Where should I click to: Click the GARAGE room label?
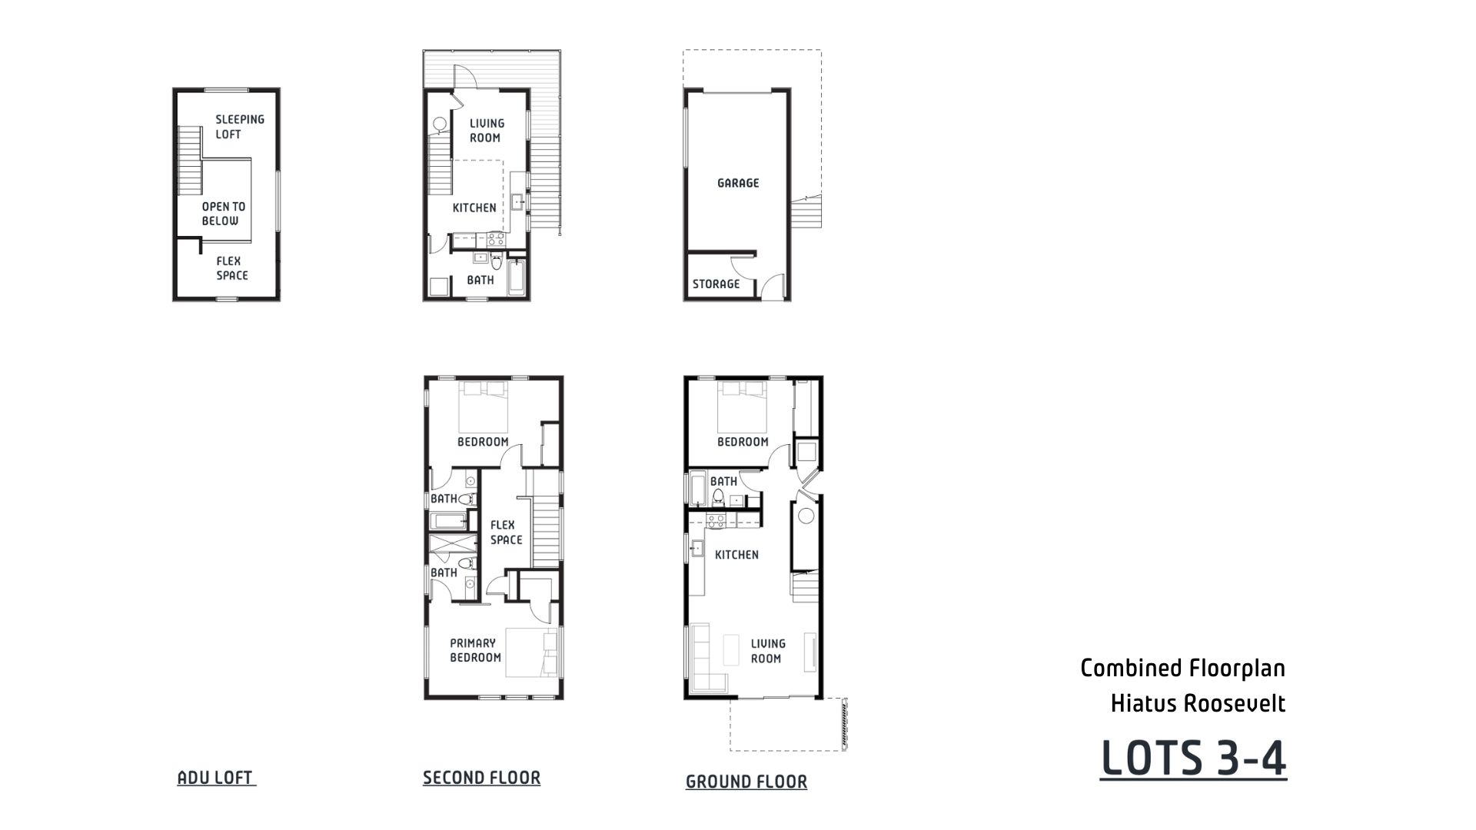coord(738,183)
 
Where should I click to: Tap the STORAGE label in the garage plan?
coord(716,284)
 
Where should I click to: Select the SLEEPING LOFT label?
coord(239,127)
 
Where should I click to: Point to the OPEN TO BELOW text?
coord(223,214)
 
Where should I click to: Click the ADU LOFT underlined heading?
coord(215,778)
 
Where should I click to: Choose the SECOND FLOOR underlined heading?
coord(481,778)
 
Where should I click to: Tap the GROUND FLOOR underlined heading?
coord(746,782)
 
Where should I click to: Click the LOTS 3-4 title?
coord(1193,759)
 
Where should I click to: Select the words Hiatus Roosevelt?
coord(1198,703)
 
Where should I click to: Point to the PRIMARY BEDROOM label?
coord(475,650)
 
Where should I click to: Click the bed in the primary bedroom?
coord(531,652)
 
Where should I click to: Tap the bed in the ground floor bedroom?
coord(742,407)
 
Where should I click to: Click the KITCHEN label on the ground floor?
coord(736,555)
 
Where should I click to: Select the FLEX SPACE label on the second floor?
coord(506,533)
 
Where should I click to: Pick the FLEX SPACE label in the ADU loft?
coord(231,268)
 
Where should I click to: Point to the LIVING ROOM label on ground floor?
coord(766,651)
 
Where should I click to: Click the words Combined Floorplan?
coord(1182,668)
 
